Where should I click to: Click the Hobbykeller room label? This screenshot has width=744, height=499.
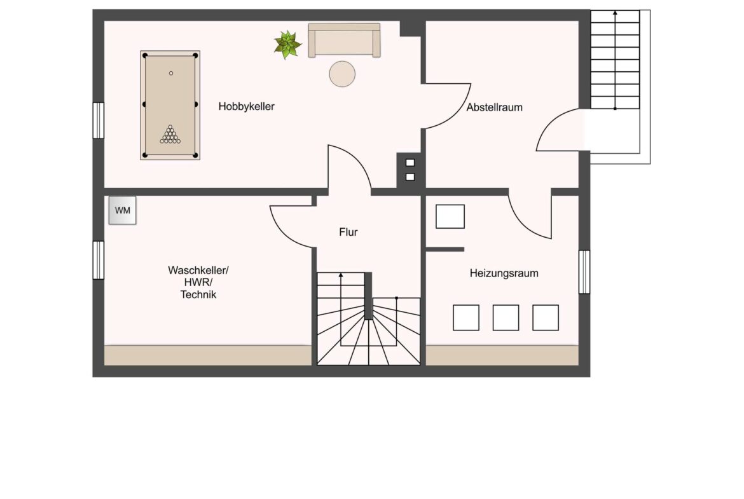[x=246, y=107]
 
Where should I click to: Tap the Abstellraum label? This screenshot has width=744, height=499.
[x=495, y=107]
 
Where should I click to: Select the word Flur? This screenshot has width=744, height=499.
[x=348, y=232]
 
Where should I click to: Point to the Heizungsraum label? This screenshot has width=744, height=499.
[x=504, y=273]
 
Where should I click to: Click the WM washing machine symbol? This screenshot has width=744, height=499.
[x=123, y=210]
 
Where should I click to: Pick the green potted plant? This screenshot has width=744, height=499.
[x=287, y=45]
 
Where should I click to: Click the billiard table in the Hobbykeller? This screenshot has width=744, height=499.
[x=170, y=106]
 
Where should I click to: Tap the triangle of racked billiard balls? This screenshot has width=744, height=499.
[x=170, y=134]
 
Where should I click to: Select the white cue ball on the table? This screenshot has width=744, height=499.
[x=171, y=73]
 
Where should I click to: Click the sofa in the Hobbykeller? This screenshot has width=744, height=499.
[x=345, y=40]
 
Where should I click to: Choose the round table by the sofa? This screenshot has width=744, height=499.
[x=342, y=74]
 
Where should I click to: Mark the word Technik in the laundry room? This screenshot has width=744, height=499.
[x=198, y=294]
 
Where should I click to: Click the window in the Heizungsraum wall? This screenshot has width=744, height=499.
[x=584, y=272]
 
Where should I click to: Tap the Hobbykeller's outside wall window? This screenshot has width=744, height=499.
[x=98, y=121]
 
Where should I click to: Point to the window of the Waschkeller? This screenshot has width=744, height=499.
[x=98, y=260]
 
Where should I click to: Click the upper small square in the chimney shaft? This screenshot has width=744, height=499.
[x=410, y=163]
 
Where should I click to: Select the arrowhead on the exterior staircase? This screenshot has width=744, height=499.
[x=616, y=12]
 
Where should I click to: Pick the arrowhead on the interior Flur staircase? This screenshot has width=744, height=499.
[x=341, y=275]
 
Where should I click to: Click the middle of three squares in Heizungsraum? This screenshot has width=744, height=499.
[x=506, y=318]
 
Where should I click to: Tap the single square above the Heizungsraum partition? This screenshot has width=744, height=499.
[x=450, y=216]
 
